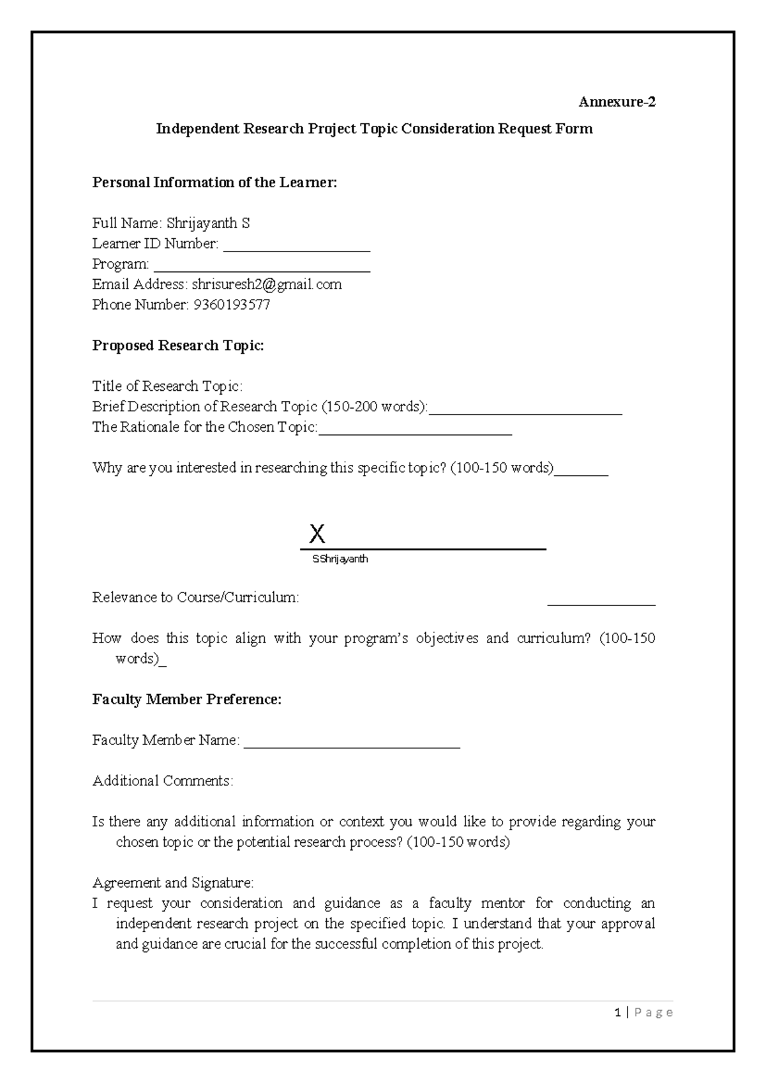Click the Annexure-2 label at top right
click(x=617, y=102)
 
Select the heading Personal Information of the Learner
click(x=214, y=183)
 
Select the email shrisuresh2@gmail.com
click(x=267, y=284)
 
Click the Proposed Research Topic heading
click(x=178, y=345)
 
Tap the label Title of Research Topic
click(x=167, y=386)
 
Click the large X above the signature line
click(x=317, y=533)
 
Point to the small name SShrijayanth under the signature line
click(x=340, y=559)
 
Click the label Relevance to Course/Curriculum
click(x=195, y=598)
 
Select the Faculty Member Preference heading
click(x=187, y=699)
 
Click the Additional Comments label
click(x=163, y=781)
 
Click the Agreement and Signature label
click(x=173, y=883)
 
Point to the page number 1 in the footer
click(x=617, y=1012)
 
